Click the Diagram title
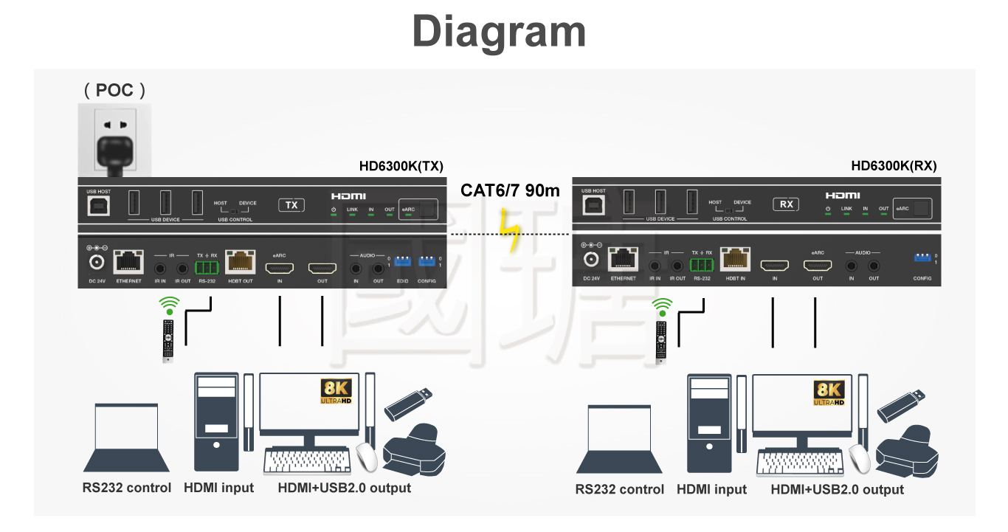499,32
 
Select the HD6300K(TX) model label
401,166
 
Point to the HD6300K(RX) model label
894,166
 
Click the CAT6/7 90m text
510,190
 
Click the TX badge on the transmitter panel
291,204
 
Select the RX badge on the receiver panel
786,204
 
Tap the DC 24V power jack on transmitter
97,262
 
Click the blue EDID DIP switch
402,261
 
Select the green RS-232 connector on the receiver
702,264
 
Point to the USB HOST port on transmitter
97,206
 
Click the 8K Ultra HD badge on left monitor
336,392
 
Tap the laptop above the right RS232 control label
619,440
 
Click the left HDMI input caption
218,488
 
